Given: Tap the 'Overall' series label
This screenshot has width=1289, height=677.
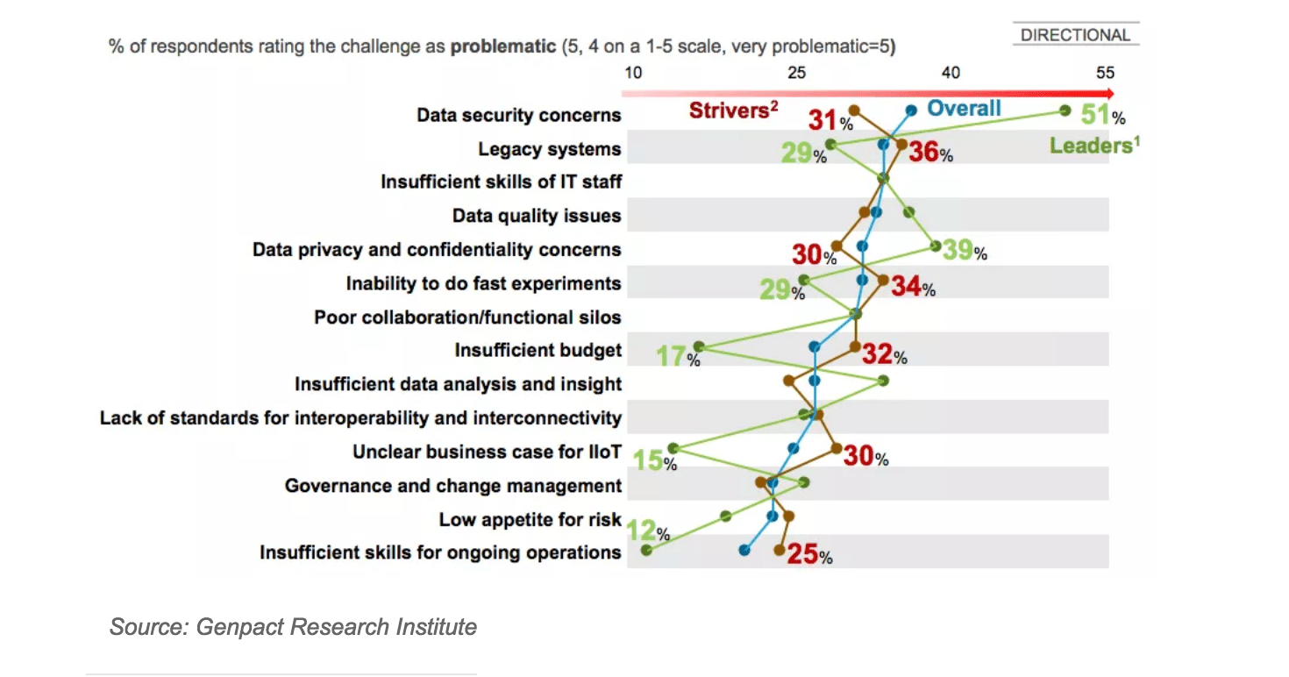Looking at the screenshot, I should pyautogui.click(x=964, y=108).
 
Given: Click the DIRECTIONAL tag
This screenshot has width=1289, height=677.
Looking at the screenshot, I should pyautogui.click(x=1075, y=35).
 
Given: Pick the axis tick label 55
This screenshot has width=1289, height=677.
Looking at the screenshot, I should pyautogui.click(x=1105, y=72).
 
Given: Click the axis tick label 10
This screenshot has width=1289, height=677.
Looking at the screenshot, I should pyautogui.click(x=632, y=72).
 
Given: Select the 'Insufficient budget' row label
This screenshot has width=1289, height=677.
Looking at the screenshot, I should pyautogui.click(x=538, y=350).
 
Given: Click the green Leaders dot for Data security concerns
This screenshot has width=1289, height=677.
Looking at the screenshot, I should pyautogui.click(x=1065, y=110).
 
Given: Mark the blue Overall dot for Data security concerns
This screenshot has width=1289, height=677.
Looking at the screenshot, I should pyautogui.click(x=911, y=110).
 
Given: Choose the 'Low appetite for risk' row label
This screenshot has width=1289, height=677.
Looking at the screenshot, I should pyautogui.click(x=530, y=519).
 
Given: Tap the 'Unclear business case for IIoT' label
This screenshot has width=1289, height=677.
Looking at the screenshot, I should pyautogui.click(x=487, y=452).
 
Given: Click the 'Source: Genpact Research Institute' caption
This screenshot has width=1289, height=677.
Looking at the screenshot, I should pyautogui.click(x=293, y=627).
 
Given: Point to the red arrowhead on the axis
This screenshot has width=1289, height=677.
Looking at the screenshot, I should pyautogui.click(x=1110, y=93).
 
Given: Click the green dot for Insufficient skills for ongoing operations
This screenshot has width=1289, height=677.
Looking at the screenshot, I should pyautogui.click(x=647, y=550).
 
